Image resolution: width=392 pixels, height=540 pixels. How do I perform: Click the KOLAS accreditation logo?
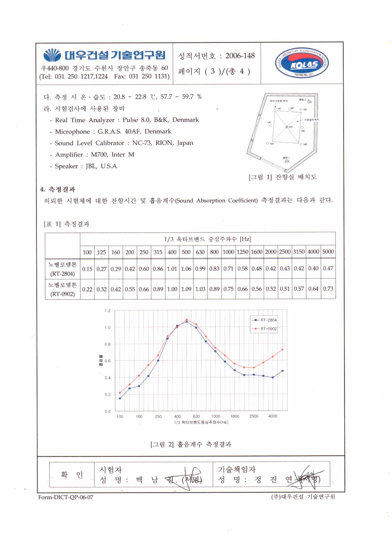(301, 63)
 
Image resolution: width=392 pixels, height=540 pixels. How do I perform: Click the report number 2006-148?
(240, 56)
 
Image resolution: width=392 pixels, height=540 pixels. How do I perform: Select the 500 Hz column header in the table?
(186, 252)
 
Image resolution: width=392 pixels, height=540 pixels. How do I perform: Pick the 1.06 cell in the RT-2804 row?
(186, 269)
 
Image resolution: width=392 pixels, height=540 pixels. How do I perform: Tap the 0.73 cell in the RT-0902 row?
(328, 289)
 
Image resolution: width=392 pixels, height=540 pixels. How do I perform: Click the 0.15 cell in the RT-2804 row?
(87, 269)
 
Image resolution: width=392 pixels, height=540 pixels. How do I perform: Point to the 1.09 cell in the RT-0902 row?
(186, 289)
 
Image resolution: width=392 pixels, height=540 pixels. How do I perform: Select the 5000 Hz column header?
(328, 252)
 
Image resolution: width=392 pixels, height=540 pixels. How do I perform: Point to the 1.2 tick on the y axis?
(107, 311)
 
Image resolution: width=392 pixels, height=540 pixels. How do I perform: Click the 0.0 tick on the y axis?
(107, 411)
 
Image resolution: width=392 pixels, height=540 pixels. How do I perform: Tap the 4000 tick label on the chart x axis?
(273, 416)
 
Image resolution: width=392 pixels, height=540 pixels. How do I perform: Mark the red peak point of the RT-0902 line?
(187, 319)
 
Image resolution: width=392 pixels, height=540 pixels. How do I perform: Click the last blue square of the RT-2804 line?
(282, 371)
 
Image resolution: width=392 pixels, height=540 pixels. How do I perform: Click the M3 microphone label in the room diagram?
(291, 127)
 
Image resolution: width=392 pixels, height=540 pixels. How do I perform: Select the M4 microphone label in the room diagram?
(272, 144)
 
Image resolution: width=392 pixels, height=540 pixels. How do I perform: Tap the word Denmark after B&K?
(185, 120)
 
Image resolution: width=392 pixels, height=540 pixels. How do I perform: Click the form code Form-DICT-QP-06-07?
(65, 497)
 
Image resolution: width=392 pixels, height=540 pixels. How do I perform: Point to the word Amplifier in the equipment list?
(69, 155)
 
